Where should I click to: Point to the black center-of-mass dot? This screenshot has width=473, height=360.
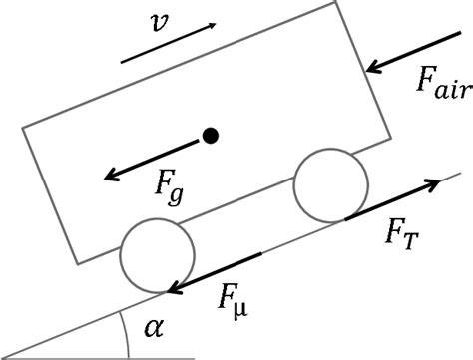(209, 136)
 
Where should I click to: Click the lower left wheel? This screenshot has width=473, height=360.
(156, 255)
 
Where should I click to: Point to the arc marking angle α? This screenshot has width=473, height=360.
(127, 330)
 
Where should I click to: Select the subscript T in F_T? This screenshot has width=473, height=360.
(413, 240)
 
